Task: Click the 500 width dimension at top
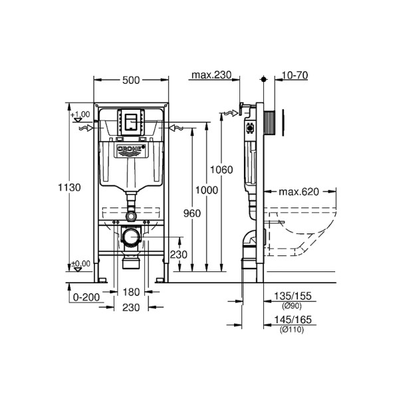pyautogui.click(x=131, y=80)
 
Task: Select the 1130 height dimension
pyautogui.click(x=70, y=188)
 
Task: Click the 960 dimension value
pyautogui.click(x=191, y=214)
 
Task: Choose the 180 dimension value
pyautogui.click(x=130, y=292)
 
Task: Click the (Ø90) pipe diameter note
pyautogui.click(x=293, y=305)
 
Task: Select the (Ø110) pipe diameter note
pyautogui.click(x=293, y=330)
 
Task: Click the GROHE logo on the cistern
pyautogui.click(x=130, y=151)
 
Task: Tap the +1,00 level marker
pyautogui.click(x=80, y=114)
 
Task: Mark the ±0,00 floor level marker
pyautogui.click(x=80, y=264)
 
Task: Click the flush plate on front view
pyautogui.click(x=130, y=120)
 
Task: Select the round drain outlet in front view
pyautogui.click(x=132, y=236)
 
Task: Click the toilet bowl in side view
pyautogui.click(x=306, y=229)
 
